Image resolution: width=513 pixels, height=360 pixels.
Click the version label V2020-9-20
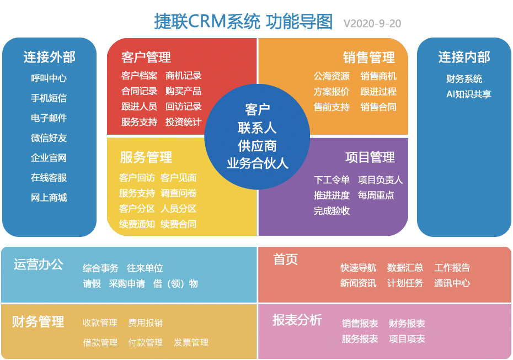(372, 23)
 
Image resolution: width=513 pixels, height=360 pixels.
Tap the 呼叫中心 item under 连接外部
(49, 78)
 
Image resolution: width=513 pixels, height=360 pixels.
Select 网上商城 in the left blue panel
(49, 198)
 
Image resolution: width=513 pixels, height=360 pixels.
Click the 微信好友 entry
(49, 138)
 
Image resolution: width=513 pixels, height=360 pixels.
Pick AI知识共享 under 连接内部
(468, 94)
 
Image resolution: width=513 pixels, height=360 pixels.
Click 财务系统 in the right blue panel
(464, 79)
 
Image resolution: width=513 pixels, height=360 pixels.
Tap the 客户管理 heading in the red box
(146, 57)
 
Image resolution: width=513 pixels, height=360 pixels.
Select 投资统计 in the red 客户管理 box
(184, 122)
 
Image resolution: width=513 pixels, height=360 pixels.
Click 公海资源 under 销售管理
(332, 76)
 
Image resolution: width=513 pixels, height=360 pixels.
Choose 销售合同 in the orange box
(378, 107)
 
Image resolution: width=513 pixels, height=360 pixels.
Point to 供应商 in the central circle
(257, 146)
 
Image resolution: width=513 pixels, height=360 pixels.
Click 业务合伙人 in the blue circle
(257, 163)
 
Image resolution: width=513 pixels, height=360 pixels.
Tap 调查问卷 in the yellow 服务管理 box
(179, 193)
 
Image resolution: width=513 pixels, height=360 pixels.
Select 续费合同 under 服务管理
(179, 224)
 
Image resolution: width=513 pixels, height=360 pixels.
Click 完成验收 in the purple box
(332, 211)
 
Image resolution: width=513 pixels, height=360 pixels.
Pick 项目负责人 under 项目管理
(380, 180)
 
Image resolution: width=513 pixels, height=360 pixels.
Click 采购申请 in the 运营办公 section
(127, 284)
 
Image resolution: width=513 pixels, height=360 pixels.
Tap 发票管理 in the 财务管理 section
(191, 343)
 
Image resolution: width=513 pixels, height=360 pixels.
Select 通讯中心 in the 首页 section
(452, 283)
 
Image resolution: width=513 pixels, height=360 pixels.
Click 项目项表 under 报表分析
(407, 339)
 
